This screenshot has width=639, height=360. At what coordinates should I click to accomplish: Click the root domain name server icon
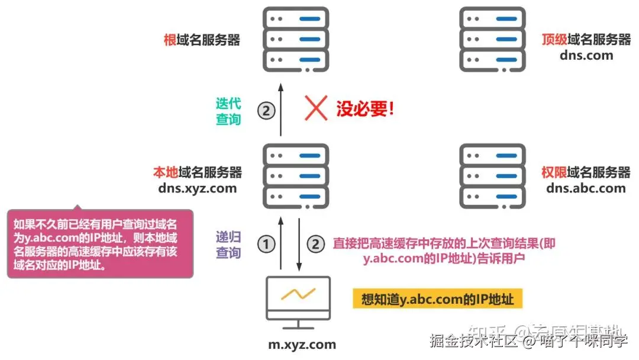pos(296,40)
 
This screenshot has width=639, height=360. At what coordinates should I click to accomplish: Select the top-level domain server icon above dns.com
pos(492,40)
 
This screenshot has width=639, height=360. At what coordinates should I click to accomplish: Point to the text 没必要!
pos(365,109)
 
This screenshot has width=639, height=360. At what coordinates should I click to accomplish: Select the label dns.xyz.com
pos(198,188)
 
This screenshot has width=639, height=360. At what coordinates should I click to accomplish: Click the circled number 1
pos(266,243)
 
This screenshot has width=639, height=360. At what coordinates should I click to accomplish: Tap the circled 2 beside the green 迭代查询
pos(266,110)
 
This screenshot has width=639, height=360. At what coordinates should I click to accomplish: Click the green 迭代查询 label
pos(228,111)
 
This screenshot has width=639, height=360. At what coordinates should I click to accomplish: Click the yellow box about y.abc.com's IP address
pos(433,299)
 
